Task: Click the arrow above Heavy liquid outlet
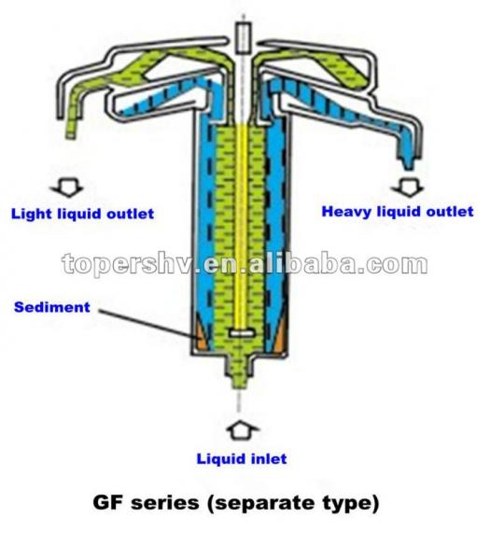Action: (408, 187)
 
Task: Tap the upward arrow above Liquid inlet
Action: (243, 432)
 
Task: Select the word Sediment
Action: (52, 307)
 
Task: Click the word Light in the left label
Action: (32, 214)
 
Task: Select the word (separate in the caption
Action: (260, 504)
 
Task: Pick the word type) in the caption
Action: (348, 504)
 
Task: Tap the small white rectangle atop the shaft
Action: (243, 37)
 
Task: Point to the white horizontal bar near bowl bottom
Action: (242, 333)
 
